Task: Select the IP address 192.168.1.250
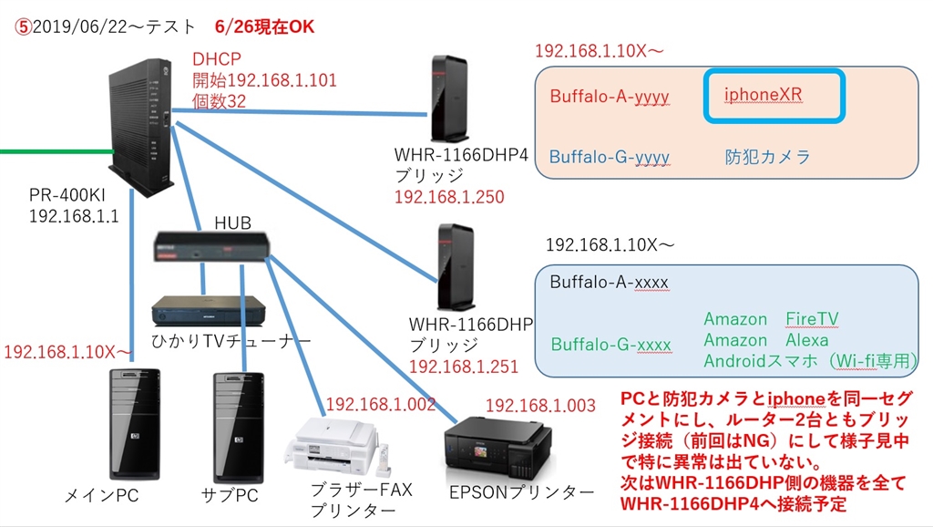(448, 197)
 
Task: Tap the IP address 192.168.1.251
(464, 367)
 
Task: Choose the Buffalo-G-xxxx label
(610, 345)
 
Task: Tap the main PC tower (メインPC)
(134, 423)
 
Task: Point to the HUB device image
(211, 249)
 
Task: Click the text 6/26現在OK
(265, 26)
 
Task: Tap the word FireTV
(812, 319)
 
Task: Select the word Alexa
(807, 340)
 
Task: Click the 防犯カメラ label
(767, 157)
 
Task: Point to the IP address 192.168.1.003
(540, 406)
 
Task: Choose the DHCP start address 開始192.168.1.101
(264, 81)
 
